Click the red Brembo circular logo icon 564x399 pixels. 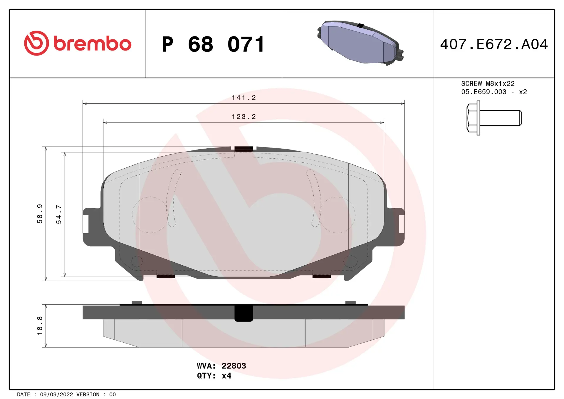(36, 43)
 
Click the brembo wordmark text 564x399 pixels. (92, 44)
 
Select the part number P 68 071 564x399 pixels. (214, 44)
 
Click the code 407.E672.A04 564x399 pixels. (494, 44)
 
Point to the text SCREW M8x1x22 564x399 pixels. (488, 84)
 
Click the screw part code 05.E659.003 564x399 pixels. (484, 92)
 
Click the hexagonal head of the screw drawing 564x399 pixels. (472, 118)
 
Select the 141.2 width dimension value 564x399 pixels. (244, 98)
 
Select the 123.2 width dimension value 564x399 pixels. (244, 117)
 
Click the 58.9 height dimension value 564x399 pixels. (40, 214)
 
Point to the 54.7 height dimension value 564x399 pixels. (59, 214)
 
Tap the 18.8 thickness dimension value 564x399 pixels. (40, 326)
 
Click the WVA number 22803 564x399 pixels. (234, 366)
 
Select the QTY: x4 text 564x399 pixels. (214, 376)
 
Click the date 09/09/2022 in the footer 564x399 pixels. (56, 395)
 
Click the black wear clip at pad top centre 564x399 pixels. (244, 149)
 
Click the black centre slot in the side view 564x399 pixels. (244, 313)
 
